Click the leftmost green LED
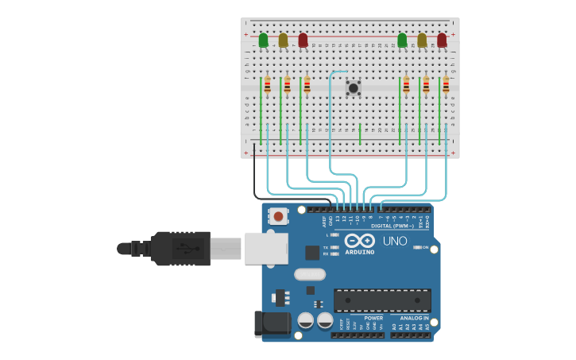coord(263,40)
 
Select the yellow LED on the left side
coord(283,40)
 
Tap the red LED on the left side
coord(303,40)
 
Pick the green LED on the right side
coord(402,40)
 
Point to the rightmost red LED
coord(442,40)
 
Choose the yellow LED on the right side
coord(422,40)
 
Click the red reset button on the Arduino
coord(278,215)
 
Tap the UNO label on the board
coord(395,241)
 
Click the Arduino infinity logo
coord(359,241)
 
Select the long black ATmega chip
coord(382,300)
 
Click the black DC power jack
coord(270,324)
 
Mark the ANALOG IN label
coord(414,318)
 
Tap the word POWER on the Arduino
coord(373,318)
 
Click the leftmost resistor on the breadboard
coord(267,85)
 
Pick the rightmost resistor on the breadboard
coord(446,85)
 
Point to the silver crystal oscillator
coord(309,274)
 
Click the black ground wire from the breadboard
coord(255,179)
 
